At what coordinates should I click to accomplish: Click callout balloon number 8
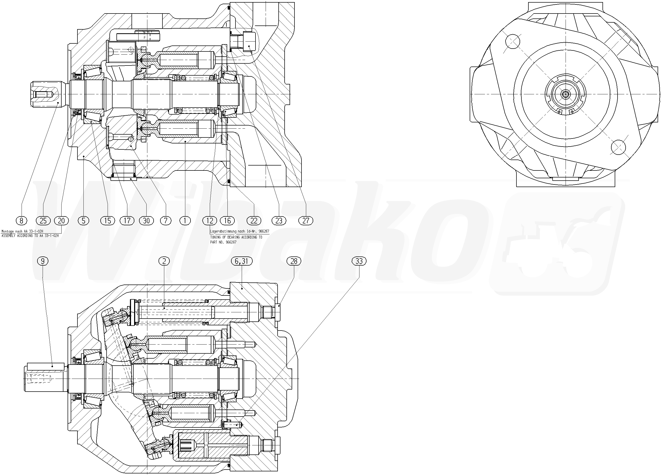[x=21, y=221]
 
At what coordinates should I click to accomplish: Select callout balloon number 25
[x=43, y=221]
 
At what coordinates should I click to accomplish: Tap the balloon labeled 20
[x=61, y=221]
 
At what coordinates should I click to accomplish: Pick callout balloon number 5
[x=83, y=221]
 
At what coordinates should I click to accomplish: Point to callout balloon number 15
[x=108, y=221]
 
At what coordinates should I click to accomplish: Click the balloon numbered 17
[x=127, y=221]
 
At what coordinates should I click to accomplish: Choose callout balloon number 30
[x=146, y=221]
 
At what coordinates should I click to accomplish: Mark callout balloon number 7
[x=166, y=221]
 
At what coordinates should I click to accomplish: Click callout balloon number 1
[x=185, y=221]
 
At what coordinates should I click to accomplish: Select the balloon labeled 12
[x=210, y=221]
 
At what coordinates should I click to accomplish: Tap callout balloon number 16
[x=227, y=221]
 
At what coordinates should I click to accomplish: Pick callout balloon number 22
[x=254, y=221]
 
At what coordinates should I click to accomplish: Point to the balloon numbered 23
[x=279, y=221]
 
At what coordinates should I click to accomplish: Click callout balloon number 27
[x=306, y=221]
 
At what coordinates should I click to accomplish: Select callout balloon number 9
[x=43, y=261]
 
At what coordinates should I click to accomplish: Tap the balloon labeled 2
[x=164, y=261]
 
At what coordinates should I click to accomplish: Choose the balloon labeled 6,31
[x=241, y=261]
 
